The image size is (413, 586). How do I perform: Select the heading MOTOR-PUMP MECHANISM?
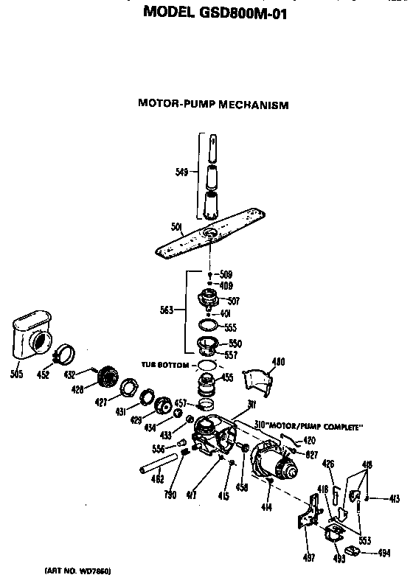[212, 105]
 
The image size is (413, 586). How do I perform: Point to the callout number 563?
[167, 310]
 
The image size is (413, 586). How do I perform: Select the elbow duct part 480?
[261, 383]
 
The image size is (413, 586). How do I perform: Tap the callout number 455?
[228, 378]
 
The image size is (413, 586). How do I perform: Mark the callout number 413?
[395, 499]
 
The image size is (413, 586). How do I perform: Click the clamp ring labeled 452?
[65, 356]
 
